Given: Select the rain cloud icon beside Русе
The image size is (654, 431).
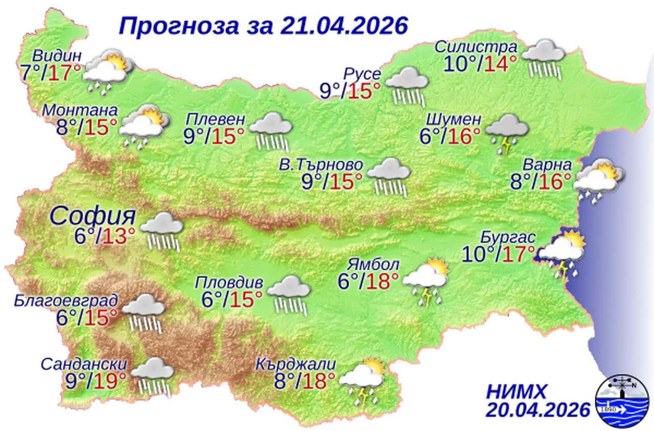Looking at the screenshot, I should [407, 84].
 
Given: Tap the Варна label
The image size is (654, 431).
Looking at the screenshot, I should [547, 165].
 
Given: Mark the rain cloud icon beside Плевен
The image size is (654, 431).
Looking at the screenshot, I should [271, 131].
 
